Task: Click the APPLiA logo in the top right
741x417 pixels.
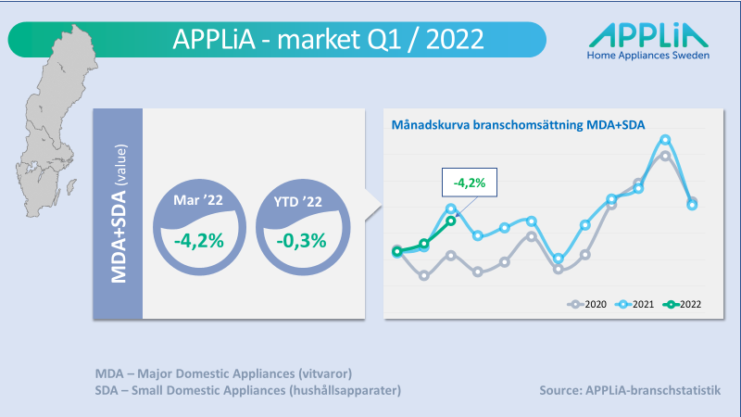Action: (x=647, y=42)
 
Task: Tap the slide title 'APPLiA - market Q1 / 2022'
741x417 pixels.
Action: (x=328, y=39)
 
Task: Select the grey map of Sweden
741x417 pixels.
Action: (x=52, y=121)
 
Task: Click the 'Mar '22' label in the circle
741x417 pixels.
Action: (x=198, y=200)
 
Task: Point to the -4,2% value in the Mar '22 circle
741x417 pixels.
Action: (x=199, y=241)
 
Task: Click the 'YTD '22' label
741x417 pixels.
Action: (x=297, y=202)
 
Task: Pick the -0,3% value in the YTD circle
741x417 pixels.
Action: (x=302, y=241)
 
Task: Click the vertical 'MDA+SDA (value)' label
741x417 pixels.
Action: (x=119, y=214)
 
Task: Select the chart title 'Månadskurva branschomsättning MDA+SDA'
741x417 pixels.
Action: (x=518, y=125)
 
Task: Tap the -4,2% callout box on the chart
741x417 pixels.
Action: (x=470, y=182)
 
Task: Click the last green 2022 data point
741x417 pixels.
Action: (x=451, y=221)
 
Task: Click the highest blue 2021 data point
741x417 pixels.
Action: (x=665, y=140)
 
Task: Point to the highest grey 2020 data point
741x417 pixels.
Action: (x=665, y=156)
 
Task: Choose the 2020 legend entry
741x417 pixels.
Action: (x=587, y=305)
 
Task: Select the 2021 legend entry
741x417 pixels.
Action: (x=634, y=305)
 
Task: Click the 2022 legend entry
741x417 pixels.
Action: (x=682, y=305)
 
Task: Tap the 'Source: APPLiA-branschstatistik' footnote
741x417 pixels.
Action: (x=630, y=390)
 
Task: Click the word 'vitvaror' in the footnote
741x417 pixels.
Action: (x=325, y=373)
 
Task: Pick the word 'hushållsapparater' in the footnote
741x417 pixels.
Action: (x=345, y=390)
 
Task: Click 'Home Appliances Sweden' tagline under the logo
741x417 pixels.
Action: (x=647, y=56)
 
